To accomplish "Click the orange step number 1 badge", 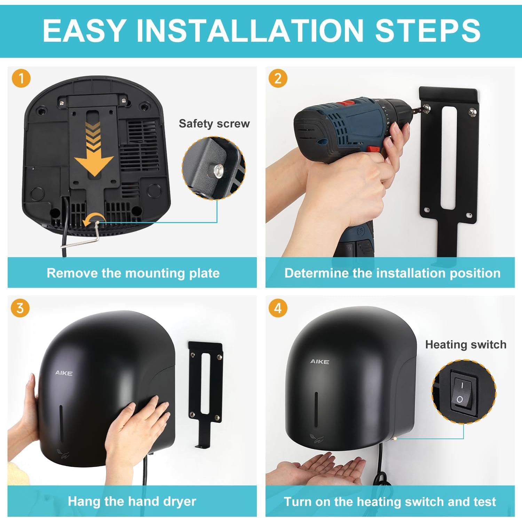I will pyautogui.click(x=21, y=78).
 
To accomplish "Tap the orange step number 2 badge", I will pyautogui.click(x=278, y=78).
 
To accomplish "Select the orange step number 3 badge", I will pyautogui.click(x=20, y=308).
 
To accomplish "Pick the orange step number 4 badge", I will pyautogui.click(x=278, y=308).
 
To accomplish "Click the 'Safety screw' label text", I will pyautogui.click(x=214, y=124).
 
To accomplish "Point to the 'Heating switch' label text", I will pyautogui.click(x=466, y=345).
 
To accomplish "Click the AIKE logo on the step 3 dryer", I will pyautogui.click(x=64, y=373).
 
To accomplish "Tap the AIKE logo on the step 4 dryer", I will pyautogui.click(x=319, y=362).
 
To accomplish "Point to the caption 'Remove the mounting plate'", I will pyautogui.click(x=133, y=273).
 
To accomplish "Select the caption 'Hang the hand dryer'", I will pyautogui.click(x=132, y=501).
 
